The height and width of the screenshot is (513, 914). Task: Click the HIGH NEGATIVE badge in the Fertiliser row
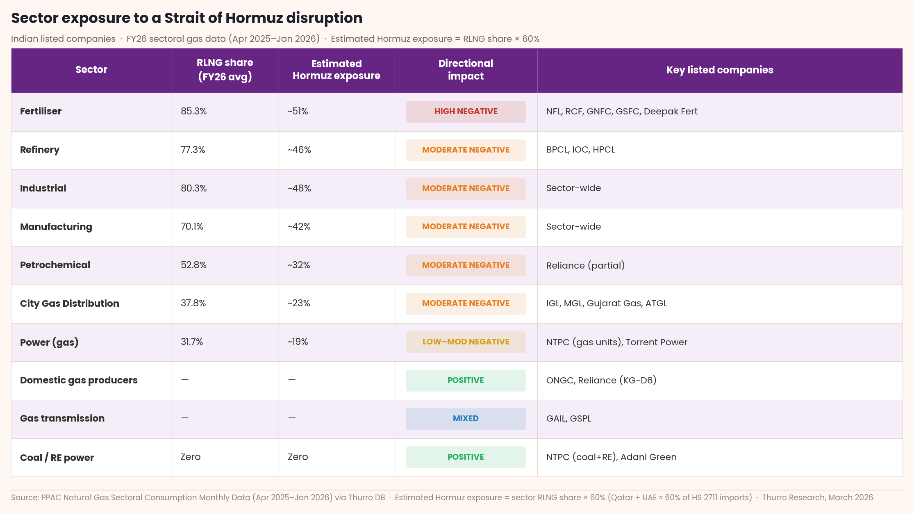click(x=466, y=112)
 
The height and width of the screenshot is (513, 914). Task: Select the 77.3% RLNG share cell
click(x=193, y=150)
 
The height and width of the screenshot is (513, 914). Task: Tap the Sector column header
click(x=91, y=70)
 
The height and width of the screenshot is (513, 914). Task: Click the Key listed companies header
click(x=719, y=70)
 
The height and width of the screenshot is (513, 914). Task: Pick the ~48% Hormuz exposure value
click(x=299, y=188)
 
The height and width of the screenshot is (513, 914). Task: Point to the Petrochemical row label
click(x=55, y=265)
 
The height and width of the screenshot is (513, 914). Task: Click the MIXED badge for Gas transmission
click(x=466, y=419)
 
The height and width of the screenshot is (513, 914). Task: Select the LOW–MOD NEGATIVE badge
click(x=466, y=342)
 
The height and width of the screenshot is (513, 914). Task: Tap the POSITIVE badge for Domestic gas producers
click(x=466, y=380)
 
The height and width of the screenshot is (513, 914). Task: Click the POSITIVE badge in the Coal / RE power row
click(x=466, y=457)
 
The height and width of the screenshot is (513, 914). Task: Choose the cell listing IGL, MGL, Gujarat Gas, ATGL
click(x=607, y=303)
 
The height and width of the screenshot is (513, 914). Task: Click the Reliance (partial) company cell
click(x=585, y=265)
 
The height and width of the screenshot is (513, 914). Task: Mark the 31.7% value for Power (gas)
click(x=192, y=342)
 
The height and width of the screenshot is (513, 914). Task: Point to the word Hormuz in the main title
click(x=254, y=18)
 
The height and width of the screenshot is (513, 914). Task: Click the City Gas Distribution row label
click(x=70, y=303)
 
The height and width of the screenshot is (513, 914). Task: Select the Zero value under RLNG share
click(x=191, y=457)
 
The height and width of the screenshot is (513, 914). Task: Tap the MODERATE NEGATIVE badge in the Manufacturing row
click(x=466, y=227)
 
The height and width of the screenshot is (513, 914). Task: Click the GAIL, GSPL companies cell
click(x=568, y=419)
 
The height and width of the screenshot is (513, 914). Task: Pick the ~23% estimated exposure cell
click(x=299, y=303)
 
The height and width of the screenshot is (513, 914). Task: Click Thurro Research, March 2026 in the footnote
click(x=817, y=497)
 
